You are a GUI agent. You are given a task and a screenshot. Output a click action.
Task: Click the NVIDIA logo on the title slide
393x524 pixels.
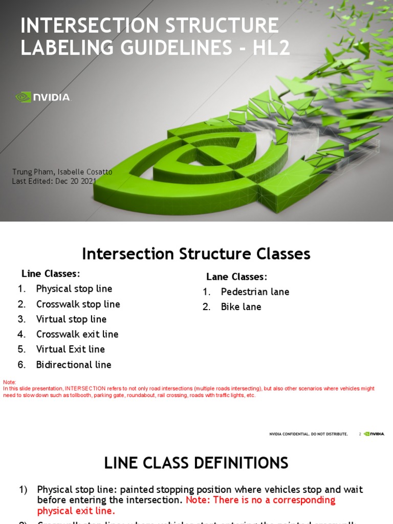click(43, 97)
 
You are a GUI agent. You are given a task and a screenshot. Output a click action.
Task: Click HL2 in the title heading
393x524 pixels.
click(271, 48)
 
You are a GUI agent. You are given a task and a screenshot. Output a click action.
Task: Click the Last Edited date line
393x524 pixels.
click(54, 181)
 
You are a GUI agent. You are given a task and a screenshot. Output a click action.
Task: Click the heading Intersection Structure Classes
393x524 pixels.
click(196, 254)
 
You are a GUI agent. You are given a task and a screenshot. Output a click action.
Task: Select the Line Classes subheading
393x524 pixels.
click(51, 274)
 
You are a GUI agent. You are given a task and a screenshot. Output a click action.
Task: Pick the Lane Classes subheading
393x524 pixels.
click(236, 277)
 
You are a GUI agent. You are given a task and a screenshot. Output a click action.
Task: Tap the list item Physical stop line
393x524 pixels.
click(74, 289)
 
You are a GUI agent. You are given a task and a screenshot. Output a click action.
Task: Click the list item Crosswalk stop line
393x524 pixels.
click(78, 304)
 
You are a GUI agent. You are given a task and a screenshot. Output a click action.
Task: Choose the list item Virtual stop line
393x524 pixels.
click(71, 319)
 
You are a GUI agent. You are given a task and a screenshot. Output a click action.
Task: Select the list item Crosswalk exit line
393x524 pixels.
click(77, 334)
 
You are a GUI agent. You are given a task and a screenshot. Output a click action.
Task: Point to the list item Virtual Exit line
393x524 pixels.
click(70, 350)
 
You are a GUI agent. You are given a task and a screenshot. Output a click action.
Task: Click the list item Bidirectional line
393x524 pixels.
click(73, 365)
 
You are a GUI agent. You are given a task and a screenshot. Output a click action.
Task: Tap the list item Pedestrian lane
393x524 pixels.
click(255, 292)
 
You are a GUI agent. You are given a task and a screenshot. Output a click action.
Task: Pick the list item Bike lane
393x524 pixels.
click(241, 307)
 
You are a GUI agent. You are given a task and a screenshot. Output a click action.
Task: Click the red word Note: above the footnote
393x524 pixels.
click(10, 382)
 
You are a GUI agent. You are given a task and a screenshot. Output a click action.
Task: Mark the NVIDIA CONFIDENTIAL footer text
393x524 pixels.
click(309, 434)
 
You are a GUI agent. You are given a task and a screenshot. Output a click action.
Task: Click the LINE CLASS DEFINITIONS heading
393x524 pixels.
click(196, 463)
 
